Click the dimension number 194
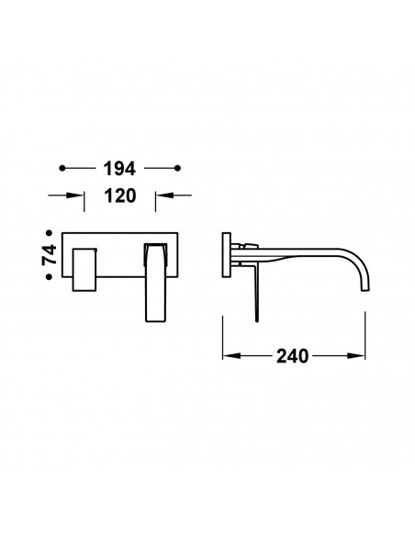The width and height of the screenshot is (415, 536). tap(119, 169)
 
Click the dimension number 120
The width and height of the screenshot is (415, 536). tap(120, 195)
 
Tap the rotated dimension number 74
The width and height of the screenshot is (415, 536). tap(50, 254)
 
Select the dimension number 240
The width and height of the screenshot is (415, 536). tap(292, 356)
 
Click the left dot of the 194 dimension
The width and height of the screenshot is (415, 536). tap(62, 168)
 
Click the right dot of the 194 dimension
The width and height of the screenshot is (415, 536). tap(177, 168)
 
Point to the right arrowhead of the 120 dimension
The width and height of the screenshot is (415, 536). tap(164, 195)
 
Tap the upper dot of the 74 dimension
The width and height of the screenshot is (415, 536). tap(50, 233)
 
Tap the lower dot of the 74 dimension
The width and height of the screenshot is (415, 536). tap(50, 277)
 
